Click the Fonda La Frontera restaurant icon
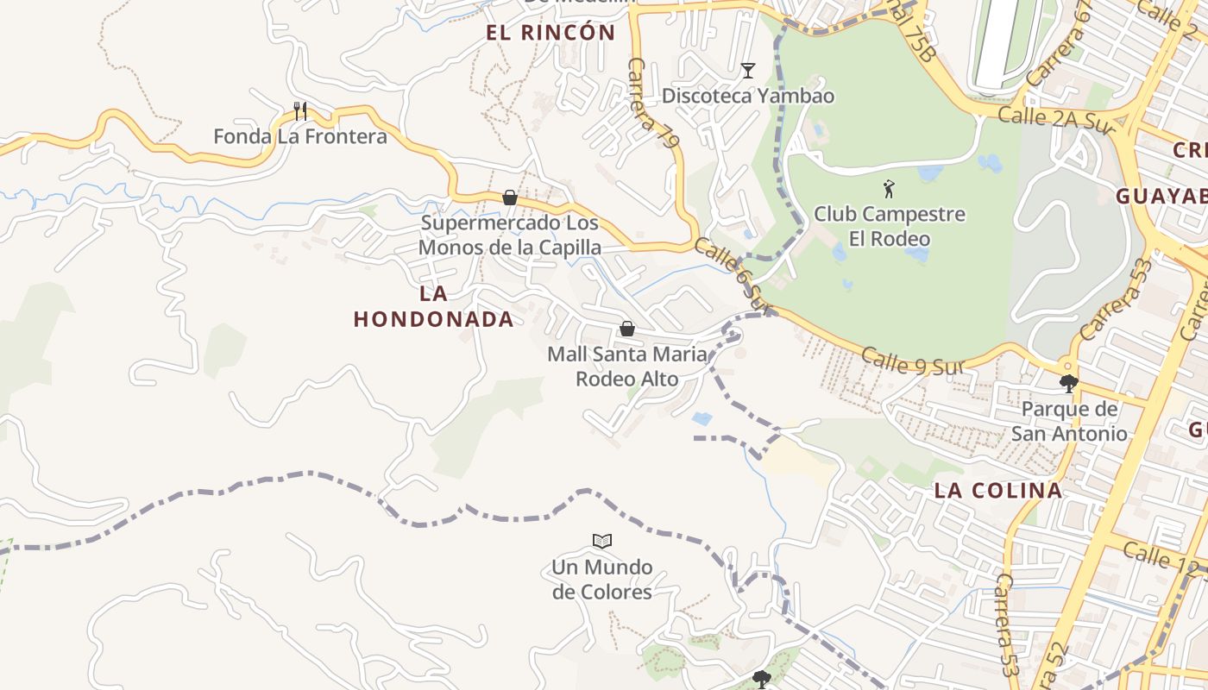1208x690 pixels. pos(300,110)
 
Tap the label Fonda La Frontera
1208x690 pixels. pos(300,136)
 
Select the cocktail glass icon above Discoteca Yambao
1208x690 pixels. pos(748,71)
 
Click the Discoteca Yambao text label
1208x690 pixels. pos(748,96)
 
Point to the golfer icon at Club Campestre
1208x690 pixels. pos(889,188)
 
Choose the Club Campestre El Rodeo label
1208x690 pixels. pos(889,226)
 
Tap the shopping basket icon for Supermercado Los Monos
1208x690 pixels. pos(510,198)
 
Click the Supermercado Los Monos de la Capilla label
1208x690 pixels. pos(510,235)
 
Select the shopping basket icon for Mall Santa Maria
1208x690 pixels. pos(627,329)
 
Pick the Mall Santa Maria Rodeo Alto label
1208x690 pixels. pos(627,367)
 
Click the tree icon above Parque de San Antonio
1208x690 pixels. pos(1069,383)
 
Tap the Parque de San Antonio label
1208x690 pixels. pos(1069,421)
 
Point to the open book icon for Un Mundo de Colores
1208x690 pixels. pos(602,541)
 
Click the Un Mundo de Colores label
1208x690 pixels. pos(602,580)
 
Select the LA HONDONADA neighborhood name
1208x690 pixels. pos(433,306)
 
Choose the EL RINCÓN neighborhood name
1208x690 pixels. pos(551,34)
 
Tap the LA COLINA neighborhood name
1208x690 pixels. pos(998,491)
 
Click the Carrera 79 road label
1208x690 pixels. pos(655,103)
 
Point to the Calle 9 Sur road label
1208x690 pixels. pos(911,361)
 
